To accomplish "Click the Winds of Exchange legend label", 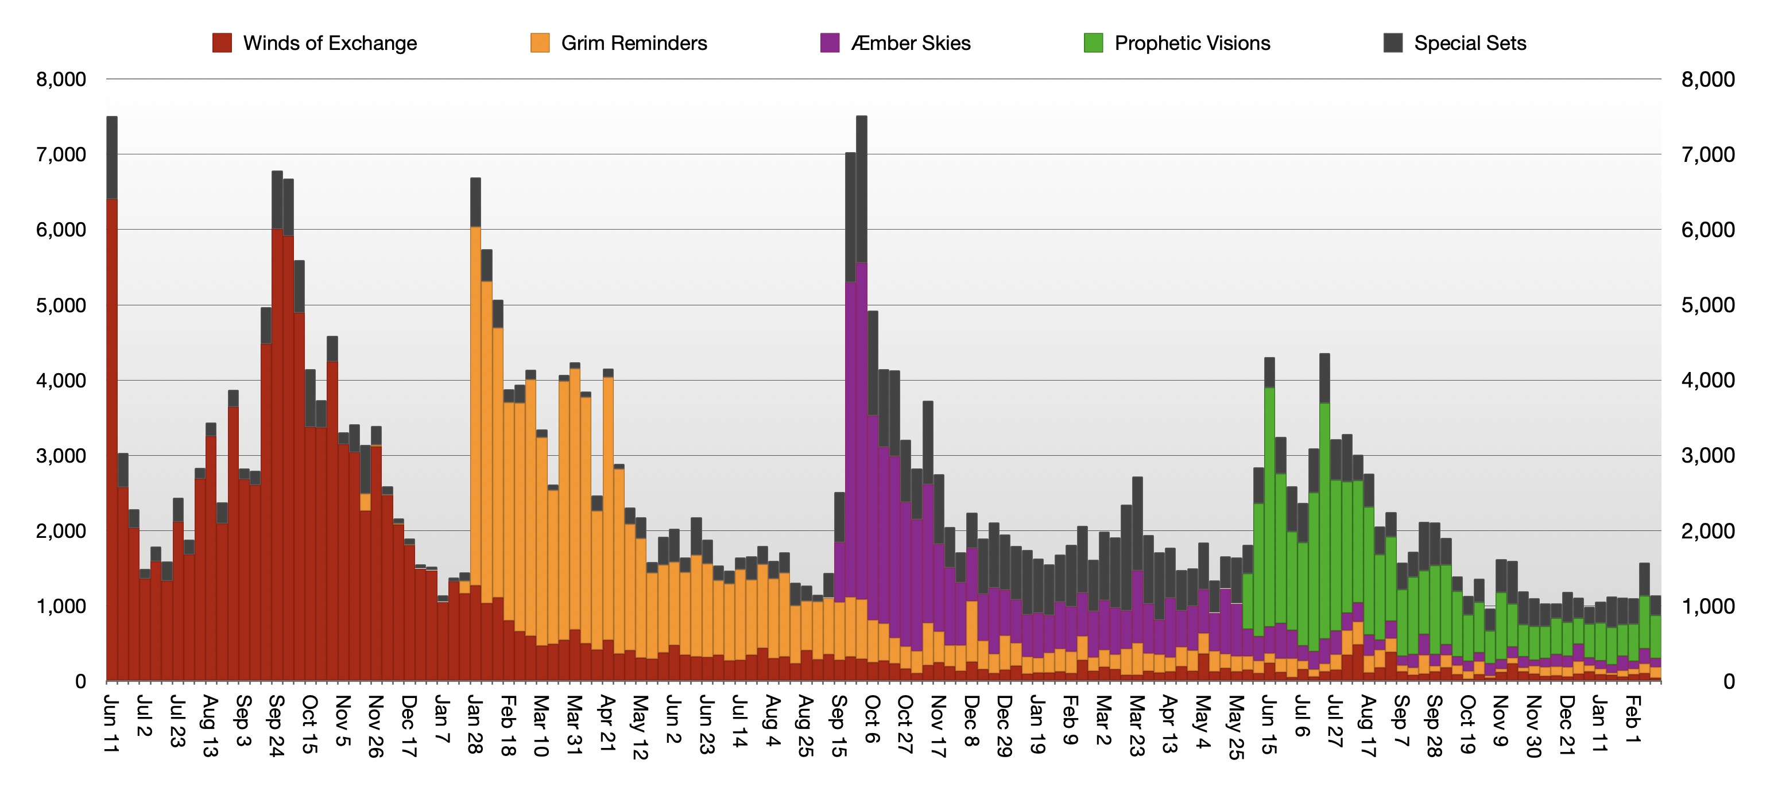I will [x=330, y=44].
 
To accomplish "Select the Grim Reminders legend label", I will [x=634, y=44].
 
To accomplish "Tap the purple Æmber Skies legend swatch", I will [x=830, y=44].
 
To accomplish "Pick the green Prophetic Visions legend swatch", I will [x=1094, y=44].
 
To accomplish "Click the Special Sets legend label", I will [x=1470, y=44].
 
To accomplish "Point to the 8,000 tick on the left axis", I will [x=61, y=79].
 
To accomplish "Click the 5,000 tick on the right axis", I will [x=1708, y=305].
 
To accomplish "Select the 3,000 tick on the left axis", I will [x=61, y=456].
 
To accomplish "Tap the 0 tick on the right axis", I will [x=1729, y=681].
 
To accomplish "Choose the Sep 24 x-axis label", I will [x=276, y=726].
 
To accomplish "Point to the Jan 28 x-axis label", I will [x=474, y=724].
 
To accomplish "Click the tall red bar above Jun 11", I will [x=111, y=441].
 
